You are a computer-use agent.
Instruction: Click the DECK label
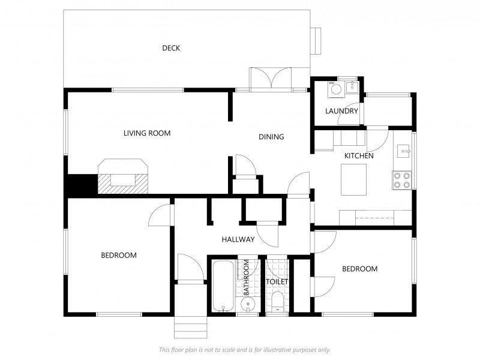(x=171, y=48)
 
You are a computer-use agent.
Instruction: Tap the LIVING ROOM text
(x=147, y=133)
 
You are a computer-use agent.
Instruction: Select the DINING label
(x=271, y=137)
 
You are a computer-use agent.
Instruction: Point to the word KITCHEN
(x=359, y=156)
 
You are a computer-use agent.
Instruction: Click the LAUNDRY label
(x=341, y=111)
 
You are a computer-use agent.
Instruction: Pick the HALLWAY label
(x=238, y=239)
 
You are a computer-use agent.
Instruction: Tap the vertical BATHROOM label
(x=246, y=278)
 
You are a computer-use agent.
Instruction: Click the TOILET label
(x=277, y=281)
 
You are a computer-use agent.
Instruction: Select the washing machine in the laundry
(x=336, y=89)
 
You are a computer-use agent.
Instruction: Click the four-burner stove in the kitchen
(x=402, y=180)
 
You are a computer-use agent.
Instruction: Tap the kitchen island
(x=354, y=179)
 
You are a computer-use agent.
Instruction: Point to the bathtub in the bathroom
(x=223, y=286)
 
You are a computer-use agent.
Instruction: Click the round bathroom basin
(x=247, y=304)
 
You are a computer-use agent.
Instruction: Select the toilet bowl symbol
(x=278, y=301)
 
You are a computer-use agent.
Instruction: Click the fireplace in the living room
(x=123, y=176)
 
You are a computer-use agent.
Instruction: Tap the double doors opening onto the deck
(x=271, y=79)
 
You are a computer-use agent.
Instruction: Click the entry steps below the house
(x=191, y=327)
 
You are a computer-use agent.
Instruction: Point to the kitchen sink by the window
(x=404, y=151)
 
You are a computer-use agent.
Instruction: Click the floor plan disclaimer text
(x=245, y=350)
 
